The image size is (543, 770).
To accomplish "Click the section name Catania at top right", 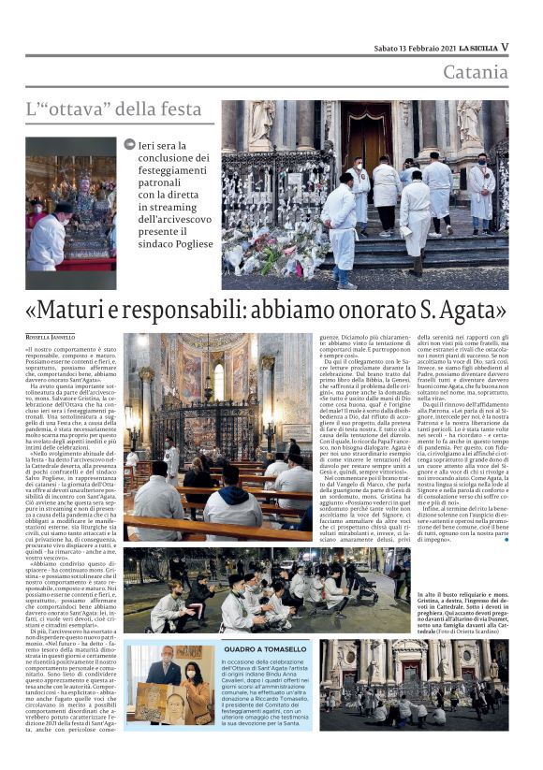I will pyautogui.click(x=476, y=72).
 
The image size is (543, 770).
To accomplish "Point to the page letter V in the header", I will pyautogui.click(x=505, y=46).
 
